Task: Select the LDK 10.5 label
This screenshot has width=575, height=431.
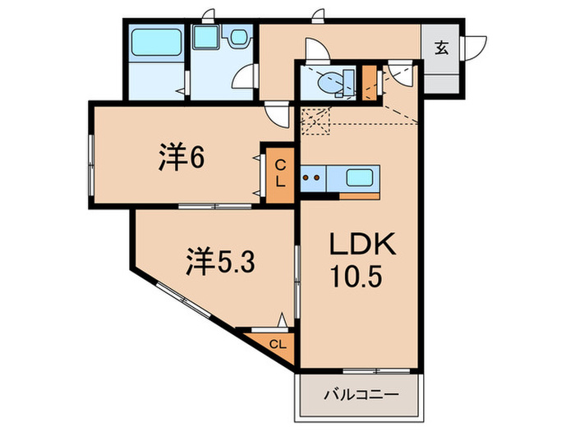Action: pyautogui.click(x=362, y=258)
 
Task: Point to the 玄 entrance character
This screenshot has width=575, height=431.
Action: pyautogui.click(x=441, y=48)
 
